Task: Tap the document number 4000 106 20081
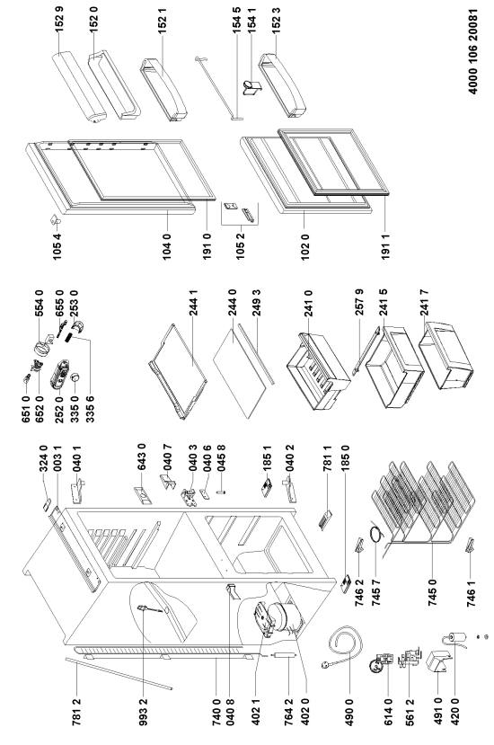click(x=473, y=51)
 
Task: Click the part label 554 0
click(x=39, y=304)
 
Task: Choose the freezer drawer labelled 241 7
click(x=446, y=354)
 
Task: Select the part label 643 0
click(x=141, y=457)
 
